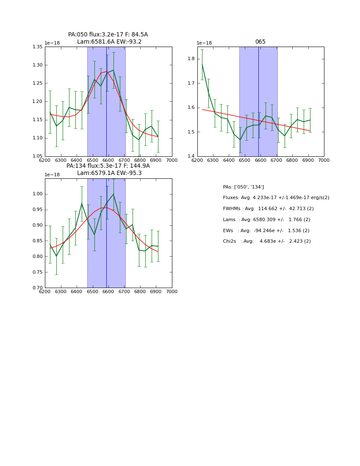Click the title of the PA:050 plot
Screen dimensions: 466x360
pos(108,35)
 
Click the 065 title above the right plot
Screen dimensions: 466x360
pos(260,42)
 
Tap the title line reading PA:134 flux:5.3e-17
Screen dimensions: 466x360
pos(108,166)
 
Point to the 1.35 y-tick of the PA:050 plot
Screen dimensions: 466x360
pos(38,47)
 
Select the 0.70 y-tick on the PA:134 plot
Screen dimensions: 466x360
pos(38,288)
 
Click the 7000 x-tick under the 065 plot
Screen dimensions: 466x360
pos(324,160)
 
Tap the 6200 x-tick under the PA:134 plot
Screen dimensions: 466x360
pos(45,291)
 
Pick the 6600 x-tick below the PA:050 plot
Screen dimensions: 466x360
pos(108,160)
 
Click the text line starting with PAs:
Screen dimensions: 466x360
pos(243,187)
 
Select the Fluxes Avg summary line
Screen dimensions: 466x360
pos(276,198)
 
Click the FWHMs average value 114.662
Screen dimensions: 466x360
pos(266,209)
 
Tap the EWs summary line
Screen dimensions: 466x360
pos(266,231)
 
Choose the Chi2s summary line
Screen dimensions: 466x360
pos(266,241)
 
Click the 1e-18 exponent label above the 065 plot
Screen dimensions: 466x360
pos(204,43)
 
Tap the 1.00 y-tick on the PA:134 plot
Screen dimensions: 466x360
pos(38,194)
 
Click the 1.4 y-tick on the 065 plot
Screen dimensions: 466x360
pos(192,157)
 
